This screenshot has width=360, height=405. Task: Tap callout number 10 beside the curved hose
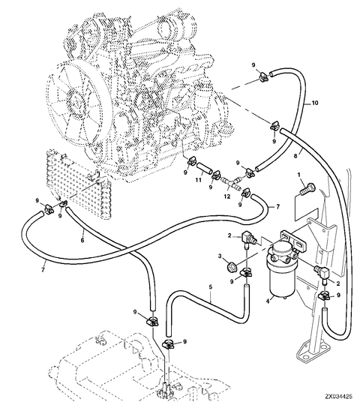[x=315, y=103]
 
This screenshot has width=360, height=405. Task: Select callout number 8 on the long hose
[x=296, y=156]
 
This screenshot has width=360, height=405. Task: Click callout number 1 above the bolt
[x=299, y=175]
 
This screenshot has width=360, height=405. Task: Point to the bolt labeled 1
[x=307, y=188]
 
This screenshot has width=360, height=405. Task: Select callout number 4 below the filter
[x=268, y=301]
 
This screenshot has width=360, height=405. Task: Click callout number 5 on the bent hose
[x=211, y=286]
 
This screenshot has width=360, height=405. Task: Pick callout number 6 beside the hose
[x=82, y=240]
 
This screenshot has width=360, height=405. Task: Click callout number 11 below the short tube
[x=198, y=180]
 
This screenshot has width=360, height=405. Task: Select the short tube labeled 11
[x=205, y=168]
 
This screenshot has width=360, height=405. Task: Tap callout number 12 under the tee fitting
[x=226, y=196]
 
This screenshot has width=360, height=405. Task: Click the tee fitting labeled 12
[x=230, y=182]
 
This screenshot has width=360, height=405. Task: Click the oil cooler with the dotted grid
[x=79, y=184]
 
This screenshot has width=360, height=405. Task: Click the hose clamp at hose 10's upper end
[x=264, y=76]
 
